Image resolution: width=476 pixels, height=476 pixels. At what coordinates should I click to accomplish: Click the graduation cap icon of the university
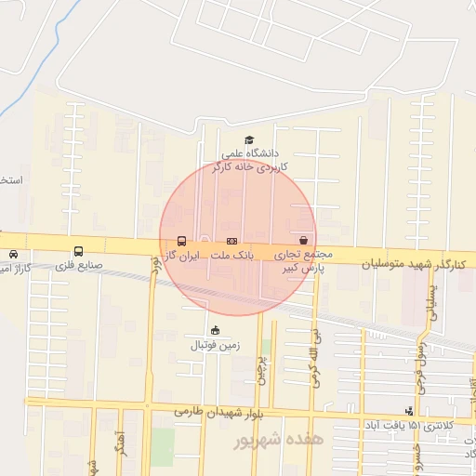click(248, 140)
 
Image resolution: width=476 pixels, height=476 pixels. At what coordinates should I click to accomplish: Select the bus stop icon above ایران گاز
click(180, 240)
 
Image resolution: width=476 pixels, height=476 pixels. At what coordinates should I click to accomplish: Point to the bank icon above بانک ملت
click(231, 240)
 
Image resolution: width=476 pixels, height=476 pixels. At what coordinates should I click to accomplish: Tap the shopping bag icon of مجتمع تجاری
click(304, 240)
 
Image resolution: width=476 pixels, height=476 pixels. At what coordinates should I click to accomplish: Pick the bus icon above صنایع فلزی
click(77, 251)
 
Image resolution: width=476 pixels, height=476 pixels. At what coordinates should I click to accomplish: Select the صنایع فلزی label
click(77, 265)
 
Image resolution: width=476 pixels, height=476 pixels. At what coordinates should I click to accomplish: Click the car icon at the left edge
click(13, 253)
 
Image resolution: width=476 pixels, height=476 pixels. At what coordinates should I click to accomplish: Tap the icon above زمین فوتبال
click(216, 330)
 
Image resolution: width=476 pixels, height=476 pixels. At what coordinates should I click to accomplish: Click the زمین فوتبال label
click(216, 345)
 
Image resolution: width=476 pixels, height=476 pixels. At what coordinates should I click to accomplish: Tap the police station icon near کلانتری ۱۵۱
click(408, 411)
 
